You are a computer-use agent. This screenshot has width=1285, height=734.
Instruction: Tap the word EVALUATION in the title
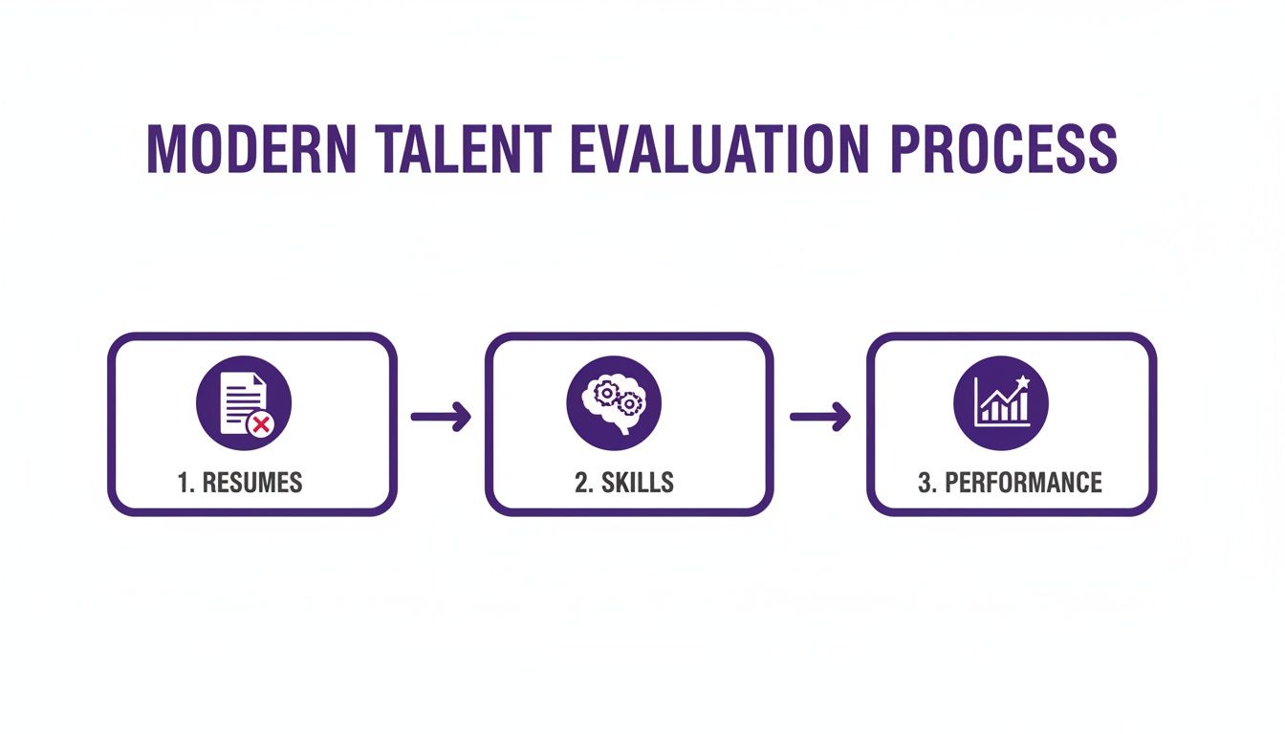coord(718,149)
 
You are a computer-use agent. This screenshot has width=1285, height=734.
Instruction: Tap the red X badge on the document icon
coord(258,423)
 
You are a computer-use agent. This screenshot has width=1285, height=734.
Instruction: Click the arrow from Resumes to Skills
coord(441,416)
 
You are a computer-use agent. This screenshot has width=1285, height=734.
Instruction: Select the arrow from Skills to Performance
coord(819,416)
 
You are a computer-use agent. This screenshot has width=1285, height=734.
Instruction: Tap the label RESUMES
coord(252,483)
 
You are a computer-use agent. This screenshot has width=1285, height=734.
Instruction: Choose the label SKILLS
coord(637,483)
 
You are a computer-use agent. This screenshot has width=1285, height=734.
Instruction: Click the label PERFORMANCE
coord(1023,483)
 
